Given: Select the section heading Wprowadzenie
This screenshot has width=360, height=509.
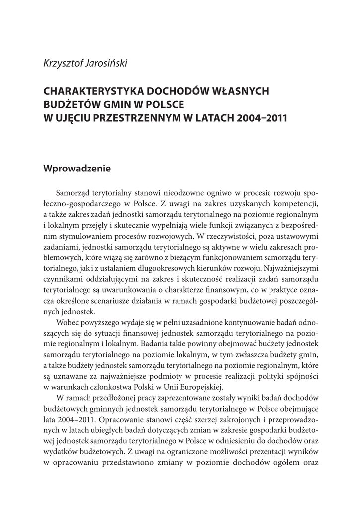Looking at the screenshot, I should point(77,168).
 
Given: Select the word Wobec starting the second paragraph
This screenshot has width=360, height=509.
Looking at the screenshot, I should point(68,322).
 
